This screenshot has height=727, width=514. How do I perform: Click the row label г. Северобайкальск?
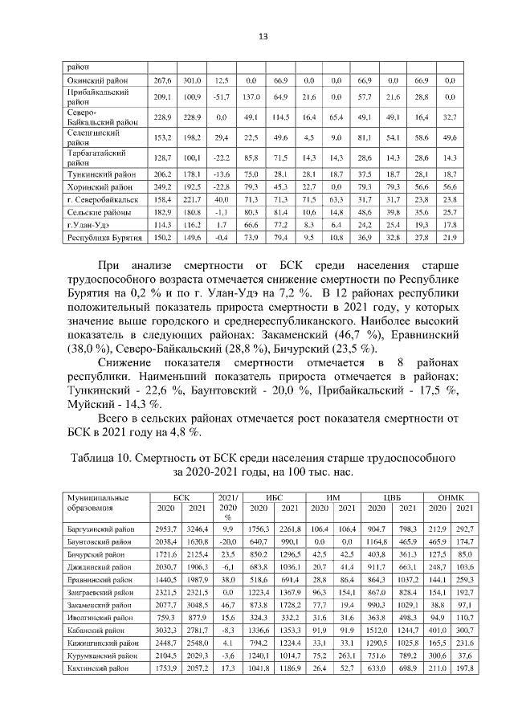100,198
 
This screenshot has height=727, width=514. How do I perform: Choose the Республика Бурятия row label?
100,238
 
